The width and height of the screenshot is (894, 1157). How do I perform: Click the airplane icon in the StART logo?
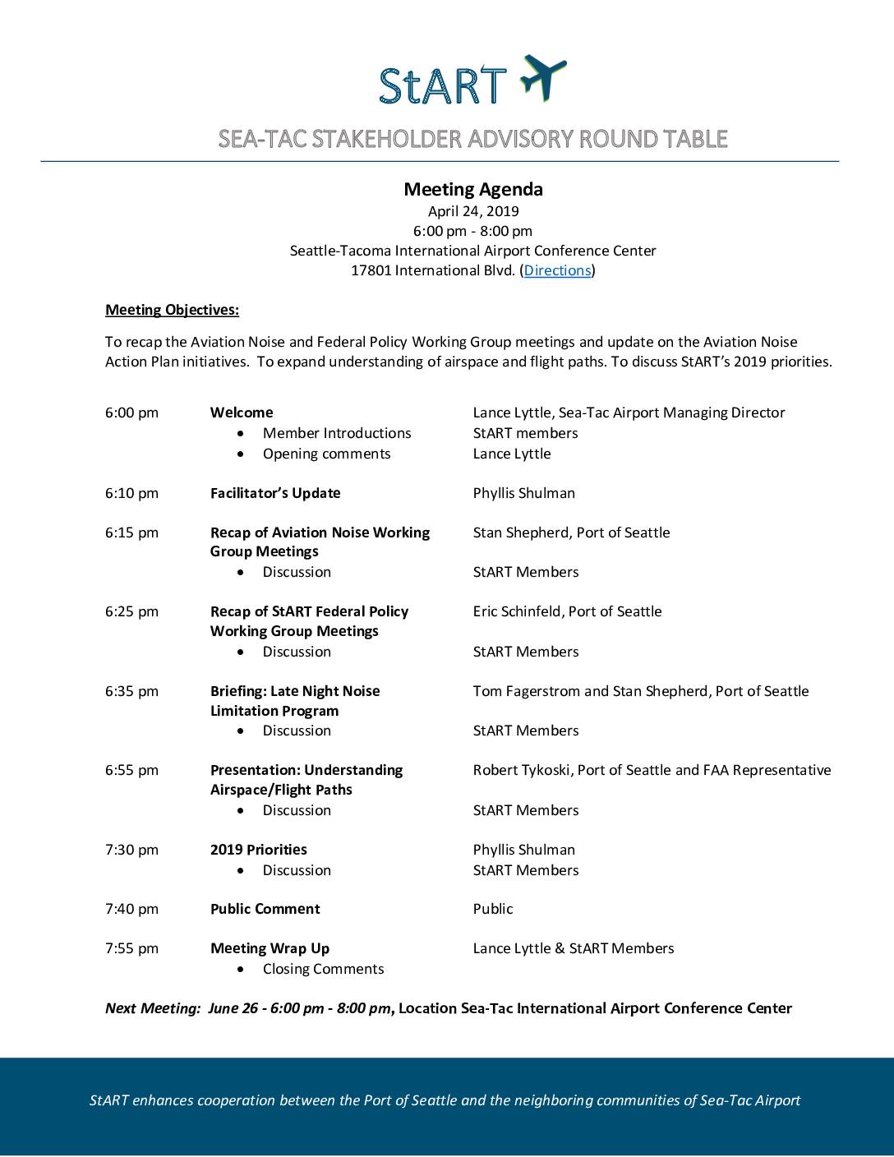point(543,76)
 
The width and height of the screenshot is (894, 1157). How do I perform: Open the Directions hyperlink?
point(557,270)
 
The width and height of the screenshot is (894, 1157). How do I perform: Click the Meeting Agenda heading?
point(472,189)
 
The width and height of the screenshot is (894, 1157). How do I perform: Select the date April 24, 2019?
point(472,211)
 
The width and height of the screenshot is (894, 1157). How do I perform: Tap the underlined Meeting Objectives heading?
point(172,310)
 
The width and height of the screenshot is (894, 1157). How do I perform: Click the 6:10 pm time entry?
point(131,493)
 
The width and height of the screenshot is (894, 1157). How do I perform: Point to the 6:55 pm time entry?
point(131,770)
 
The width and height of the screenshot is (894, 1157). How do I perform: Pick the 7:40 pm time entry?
point(131,909)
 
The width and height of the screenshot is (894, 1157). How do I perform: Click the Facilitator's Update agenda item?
point(275,493)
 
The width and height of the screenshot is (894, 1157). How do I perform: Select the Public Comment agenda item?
point(265,909)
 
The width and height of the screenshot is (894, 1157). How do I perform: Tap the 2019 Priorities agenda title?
point(258,850)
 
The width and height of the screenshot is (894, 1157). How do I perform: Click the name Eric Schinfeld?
point(517,611)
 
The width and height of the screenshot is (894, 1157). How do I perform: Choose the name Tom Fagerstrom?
point(526,691)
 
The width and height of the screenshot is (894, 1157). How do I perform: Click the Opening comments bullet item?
point(326,454)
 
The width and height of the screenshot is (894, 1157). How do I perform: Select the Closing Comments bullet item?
point(323,969)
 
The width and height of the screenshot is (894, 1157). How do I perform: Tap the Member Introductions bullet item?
point(337,433)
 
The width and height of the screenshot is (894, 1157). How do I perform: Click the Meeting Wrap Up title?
point(270,948)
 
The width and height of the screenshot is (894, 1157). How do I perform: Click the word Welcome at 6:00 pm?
point(242,413)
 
